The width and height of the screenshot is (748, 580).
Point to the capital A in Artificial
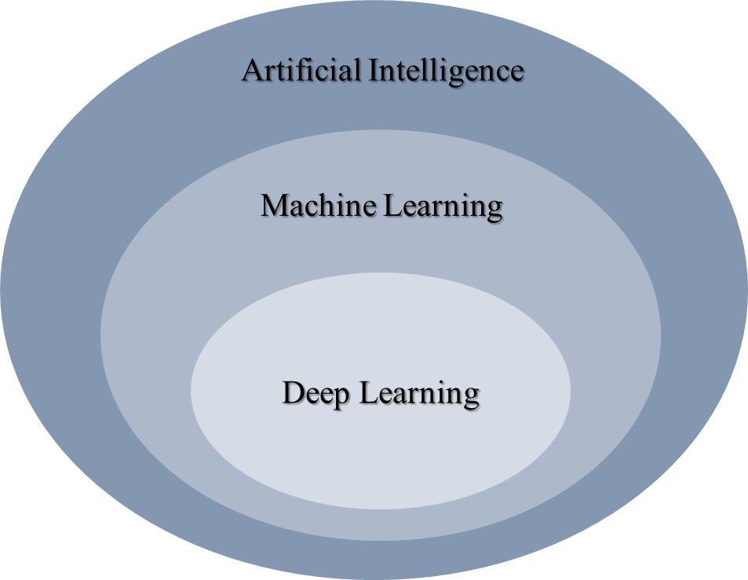pyautogui.click(x=253, y=71)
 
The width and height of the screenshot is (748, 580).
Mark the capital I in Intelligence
pyautogui.click(x=374, y=71)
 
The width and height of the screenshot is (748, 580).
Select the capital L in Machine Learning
pyautogui.click(x=392, y=206)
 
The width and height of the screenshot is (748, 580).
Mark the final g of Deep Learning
pyautogui.click(x=470, y=396)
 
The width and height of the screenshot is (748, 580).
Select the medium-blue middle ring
pyautogui.click(x=149, y=337)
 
